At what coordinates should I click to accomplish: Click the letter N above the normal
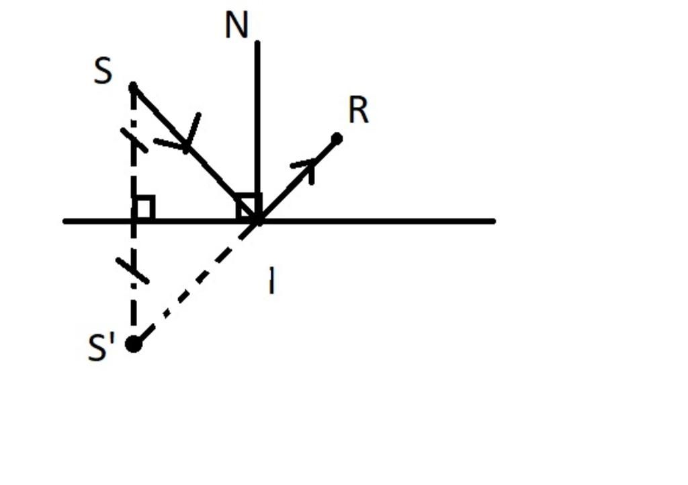pos(236,26)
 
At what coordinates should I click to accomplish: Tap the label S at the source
pos(103,71)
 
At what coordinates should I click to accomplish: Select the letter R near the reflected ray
pos(359,111)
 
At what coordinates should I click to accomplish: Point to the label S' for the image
pos(101,348)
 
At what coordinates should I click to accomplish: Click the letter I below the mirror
pos(271,281)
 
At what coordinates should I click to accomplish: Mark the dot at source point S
pos(133,87)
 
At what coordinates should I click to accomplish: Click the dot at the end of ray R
pos(337,139)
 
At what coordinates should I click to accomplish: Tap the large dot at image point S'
pos(134,344)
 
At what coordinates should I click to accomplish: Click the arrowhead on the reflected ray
pos(308,165)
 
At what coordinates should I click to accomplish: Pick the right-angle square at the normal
pos(248,207)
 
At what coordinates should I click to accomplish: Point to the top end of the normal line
pos(257,43)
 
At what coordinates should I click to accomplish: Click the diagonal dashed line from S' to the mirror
pos(195,283)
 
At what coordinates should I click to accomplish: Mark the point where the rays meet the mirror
pos(257,220)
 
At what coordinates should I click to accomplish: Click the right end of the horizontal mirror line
pos(493,221)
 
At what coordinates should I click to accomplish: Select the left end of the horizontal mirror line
pos(65,221)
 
